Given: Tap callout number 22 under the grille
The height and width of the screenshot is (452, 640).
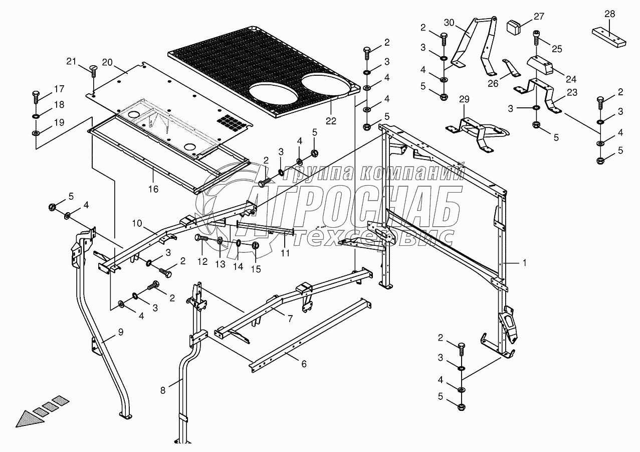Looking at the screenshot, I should pyautogui.click(x=331, y=121).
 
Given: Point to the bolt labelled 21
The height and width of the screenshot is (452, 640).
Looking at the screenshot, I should pyautogui.click(x=93, y=70).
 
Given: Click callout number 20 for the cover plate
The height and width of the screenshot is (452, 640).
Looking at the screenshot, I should pyautogui.click(x=107, y=62).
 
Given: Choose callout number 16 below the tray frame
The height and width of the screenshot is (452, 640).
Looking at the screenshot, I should pyautogui.click(x=153, y=189).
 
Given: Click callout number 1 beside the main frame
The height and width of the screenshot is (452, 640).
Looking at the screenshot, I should pyautogui.click(x=524, y=262).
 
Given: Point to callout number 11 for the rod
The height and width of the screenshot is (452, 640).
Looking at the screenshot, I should pyautogui.click(x=285, y=253).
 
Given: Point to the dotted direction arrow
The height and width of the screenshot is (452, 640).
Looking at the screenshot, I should pyautogui.click(x=40, y=414).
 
